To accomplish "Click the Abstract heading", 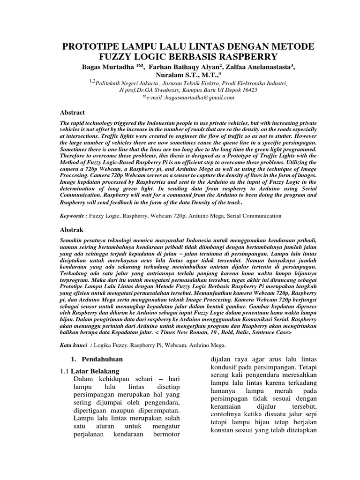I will pos(74,112).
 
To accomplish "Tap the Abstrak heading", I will pos(73,230).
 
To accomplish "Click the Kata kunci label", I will pos(76,345).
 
